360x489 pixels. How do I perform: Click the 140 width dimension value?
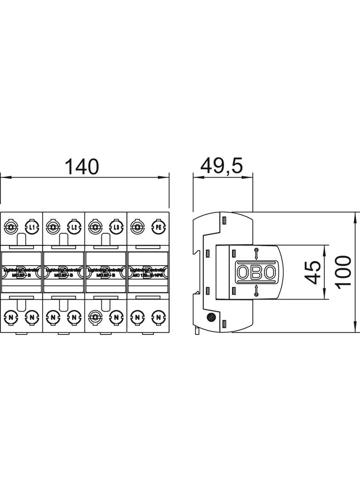81,167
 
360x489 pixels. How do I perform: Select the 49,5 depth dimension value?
222,167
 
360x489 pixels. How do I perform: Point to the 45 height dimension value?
314,272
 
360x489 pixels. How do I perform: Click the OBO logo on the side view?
256,272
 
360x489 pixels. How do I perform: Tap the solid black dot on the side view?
211,317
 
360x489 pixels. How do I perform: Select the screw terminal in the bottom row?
95,317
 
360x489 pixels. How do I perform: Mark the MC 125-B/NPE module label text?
148,275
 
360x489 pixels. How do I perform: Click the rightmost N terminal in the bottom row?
157,317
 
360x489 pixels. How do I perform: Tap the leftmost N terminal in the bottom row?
11,317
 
